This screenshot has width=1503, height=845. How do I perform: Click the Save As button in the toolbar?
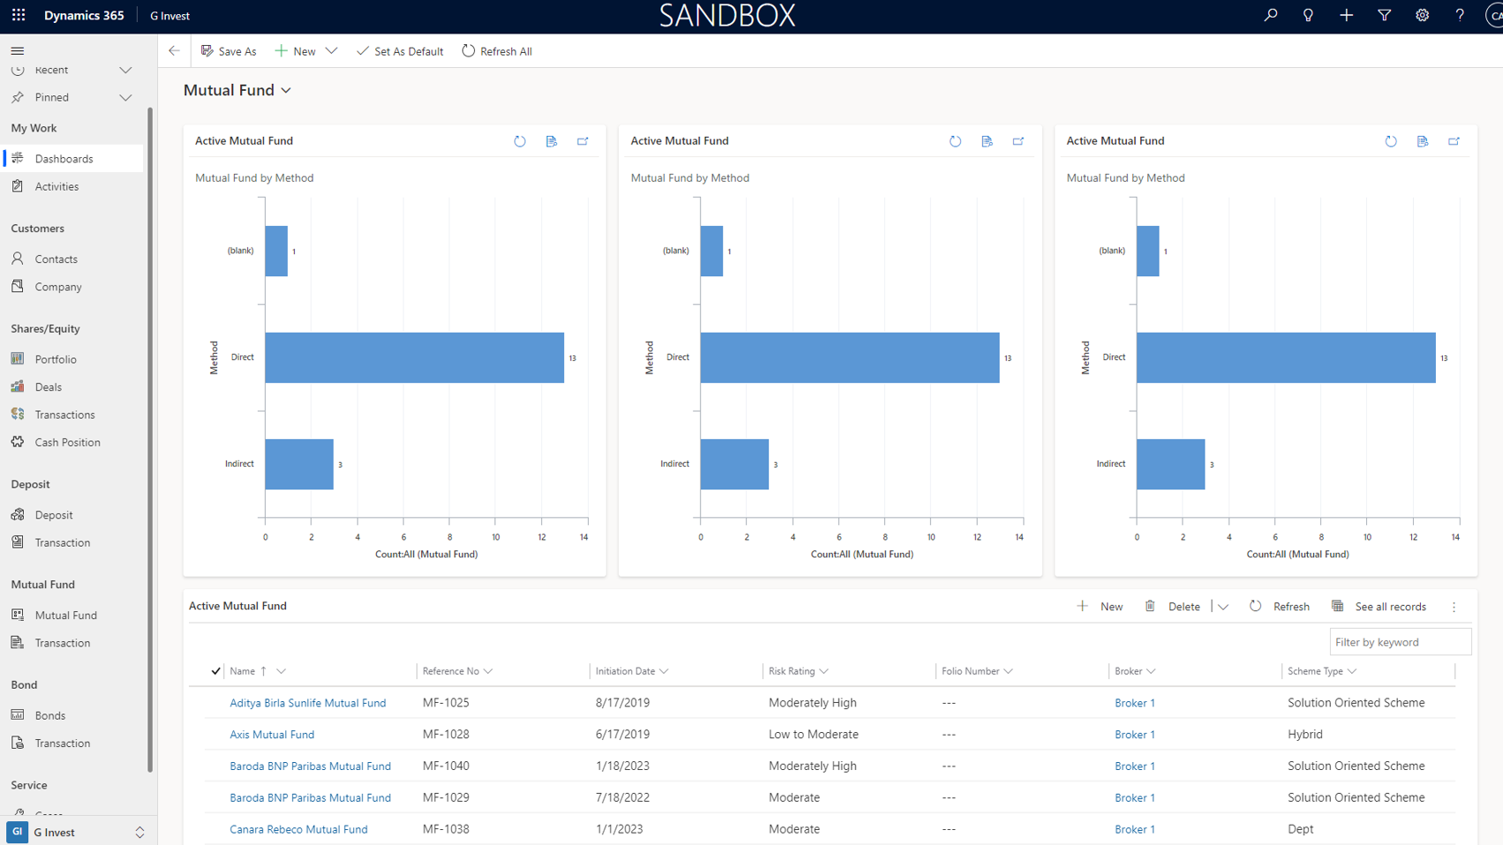point(229,51)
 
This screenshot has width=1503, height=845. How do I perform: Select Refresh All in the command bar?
point(497,51)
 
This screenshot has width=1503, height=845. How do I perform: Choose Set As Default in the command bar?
point(400,51)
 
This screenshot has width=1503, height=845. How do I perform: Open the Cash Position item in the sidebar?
point(67,442)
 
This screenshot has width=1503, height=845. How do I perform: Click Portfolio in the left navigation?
point(56,359)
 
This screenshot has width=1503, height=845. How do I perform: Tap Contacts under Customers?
point(56,258)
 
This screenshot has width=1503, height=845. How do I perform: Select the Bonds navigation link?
point(49,714)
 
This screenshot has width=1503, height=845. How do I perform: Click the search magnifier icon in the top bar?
point(1270,15)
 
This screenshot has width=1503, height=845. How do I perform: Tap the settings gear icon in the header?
point(1422,15)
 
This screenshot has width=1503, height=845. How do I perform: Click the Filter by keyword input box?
point(1401,642)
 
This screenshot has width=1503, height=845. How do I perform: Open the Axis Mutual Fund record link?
point(272,735)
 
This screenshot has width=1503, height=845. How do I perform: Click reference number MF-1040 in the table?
point(447,766)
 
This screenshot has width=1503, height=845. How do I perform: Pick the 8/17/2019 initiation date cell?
point(623,703)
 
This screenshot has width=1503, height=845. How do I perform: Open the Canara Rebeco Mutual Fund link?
point(298,829)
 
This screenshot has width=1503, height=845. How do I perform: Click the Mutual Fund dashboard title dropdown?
point(237,90)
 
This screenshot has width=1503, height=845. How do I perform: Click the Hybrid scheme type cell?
point(1305,735)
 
